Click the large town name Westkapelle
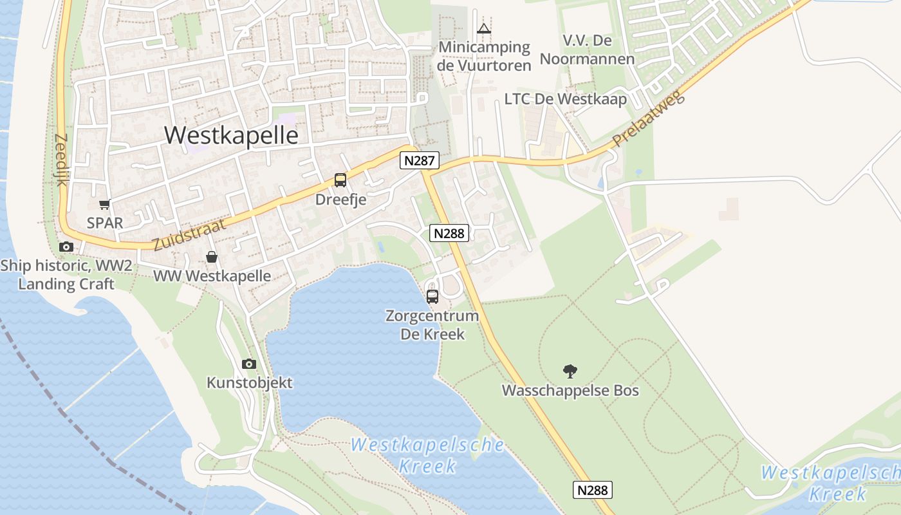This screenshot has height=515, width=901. pos(231,135)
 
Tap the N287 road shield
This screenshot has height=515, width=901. pos(420,160)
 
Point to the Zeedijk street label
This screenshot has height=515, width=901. pos(62,160)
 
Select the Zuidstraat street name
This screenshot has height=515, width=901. pos(190,234)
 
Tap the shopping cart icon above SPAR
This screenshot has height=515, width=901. pos(104,205)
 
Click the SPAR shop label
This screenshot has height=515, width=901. pos(104,223)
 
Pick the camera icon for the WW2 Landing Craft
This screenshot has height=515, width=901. pos(66,247)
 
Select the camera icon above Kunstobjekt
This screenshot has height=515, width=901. pos(249,364)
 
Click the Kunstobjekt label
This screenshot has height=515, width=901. pos(249,383)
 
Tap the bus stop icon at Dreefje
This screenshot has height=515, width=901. pos(340,180)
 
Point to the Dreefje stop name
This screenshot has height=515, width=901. pos(340,200)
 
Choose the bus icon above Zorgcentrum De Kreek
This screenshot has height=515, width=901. pos(432,297)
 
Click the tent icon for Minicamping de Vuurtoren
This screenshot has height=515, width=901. pos(484,28)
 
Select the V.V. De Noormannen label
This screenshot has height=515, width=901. pos(587,50)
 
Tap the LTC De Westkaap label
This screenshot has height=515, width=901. pos(565,99)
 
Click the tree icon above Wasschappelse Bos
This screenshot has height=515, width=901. pos(570,371)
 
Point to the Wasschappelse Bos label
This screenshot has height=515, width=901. pos(570,391)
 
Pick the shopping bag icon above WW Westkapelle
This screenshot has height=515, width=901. pos(211,257)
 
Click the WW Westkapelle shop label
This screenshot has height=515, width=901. pos(212,276)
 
